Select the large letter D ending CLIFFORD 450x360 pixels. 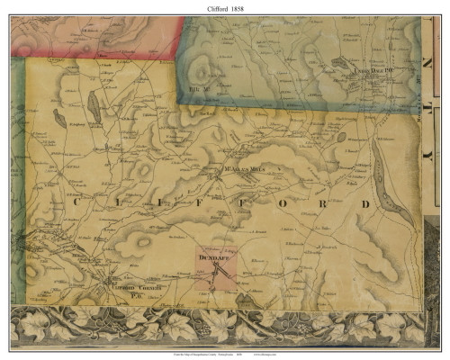[x=365, y=205]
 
